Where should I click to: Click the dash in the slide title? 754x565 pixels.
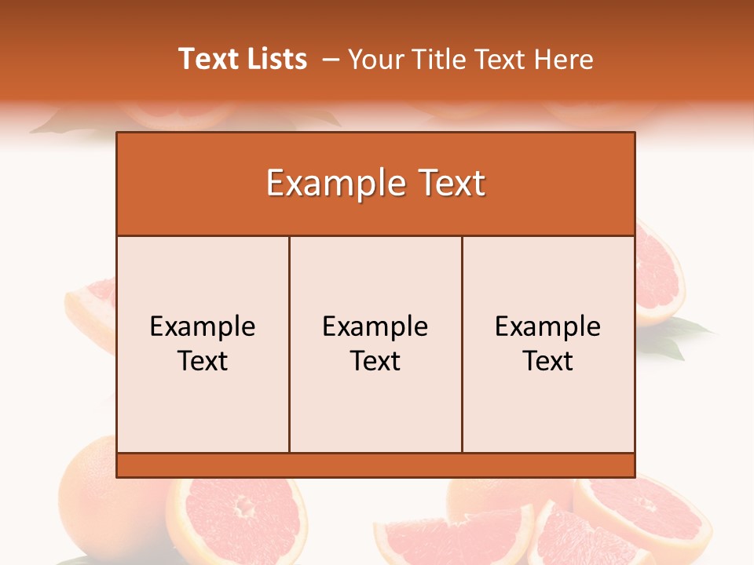click(x=331, y=60)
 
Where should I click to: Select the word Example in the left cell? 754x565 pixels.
click(x=203, y=326)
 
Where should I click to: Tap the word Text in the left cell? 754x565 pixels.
click(x=203, y=361)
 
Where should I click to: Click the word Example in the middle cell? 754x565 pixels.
click(x=375, y=326)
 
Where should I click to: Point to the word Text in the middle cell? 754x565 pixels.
click(x=375, y=361)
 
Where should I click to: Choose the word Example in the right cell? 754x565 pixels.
click(x=548, y=326)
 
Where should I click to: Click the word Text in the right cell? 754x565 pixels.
click(x=548, y=361)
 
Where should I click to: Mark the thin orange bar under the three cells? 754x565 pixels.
click(x=375, y=465)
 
